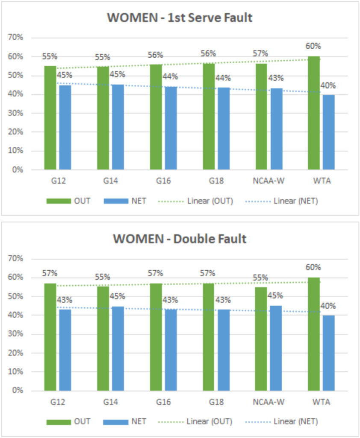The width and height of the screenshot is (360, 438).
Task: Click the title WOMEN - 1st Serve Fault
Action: pos(180,18)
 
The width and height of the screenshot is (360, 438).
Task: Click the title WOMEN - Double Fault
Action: pos(180,239)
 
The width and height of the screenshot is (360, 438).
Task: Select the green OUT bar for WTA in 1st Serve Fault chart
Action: pos(314,113)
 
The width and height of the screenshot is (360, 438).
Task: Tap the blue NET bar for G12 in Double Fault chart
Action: pos(65,350)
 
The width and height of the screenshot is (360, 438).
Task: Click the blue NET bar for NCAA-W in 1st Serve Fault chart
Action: pos(276,129)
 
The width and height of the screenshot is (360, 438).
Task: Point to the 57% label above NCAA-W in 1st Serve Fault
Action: pos(260,54)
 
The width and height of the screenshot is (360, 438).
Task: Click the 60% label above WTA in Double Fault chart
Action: pos(313,267)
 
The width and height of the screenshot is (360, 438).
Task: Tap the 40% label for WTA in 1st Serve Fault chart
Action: pos(328,86)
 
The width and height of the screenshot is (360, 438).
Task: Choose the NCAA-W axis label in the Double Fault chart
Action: pos(269,402)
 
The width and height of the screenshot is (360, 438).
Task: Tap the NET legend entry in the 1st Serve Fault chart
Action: pos(128,201)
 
